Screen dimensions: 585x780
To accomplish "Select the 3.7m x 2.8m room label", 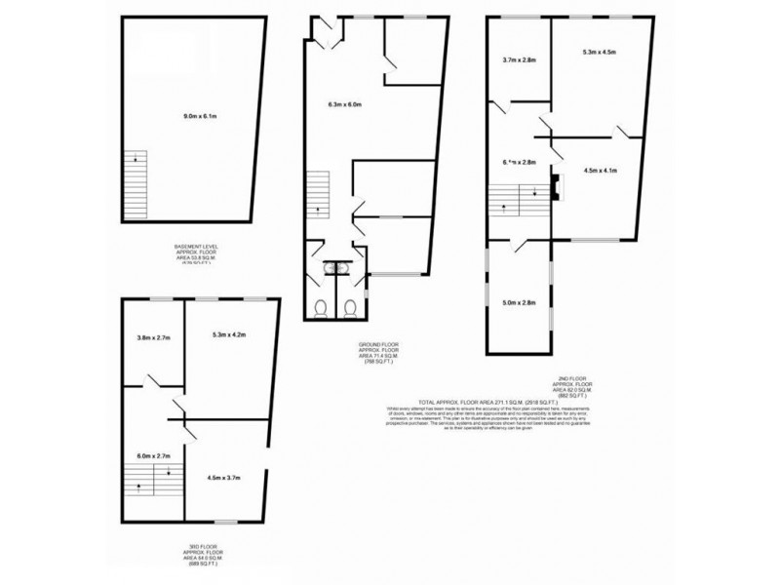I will pos(519,59).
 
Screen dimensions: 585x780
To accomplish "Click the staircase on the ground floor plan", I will pos(320,195).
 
